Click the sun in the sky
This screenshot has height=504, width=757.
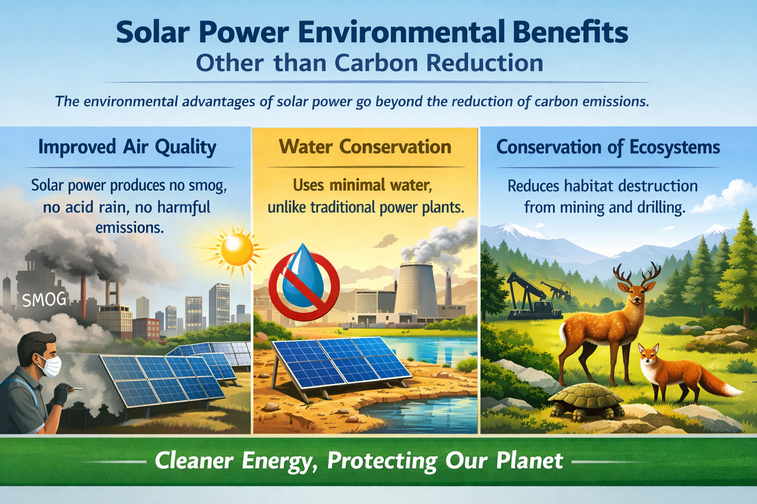tap(237, 249)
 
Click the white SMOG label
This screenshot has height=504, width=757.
tap(44, 299)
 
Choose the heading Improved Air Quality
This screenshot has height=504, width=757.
tap(127, 147)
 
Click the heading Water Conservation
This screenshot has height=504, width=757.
tap(365, 147)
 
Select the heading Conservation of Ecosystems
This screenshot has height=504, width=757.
tap(608, 147)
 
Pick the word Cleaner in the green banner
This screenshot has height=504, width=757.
tap(194, 461)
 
